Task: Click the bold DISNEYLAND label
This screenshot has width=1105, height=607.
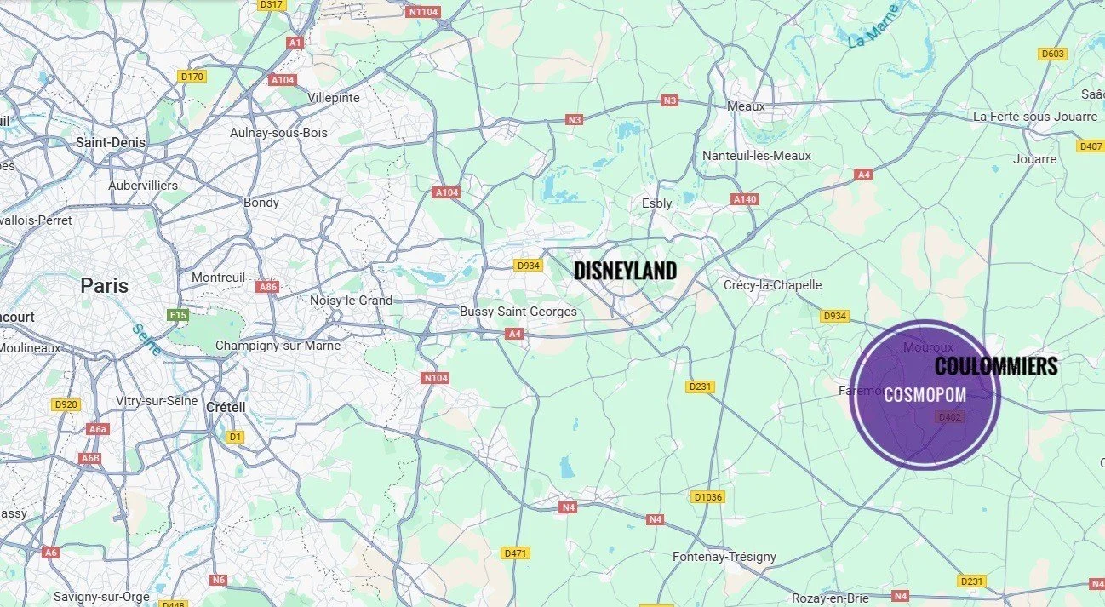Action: coord(625,271)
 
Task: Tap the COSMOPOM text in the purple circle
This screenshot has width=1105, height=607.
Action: coord(925,395)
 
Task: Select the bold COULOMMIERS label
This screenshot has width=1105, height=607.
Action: coord(996,366)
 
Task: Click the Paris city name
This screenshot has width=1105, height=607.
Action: coord(104,285)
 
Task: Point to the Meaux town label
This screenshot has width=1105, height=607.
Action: coord(746,106)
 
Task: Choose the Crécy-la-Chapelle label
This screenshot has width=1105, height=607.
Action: coord(772,285)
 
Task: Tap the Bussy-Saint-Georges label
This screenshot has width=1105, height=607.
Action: coord(518,312)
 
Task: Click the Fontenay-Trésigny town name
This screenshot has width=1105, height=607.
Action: coord(724,557)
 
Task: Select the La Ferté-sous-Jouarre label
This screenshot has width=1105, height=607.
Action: coord(1035,117)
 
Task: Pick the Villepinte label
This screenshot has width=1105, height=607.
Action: coord(334,98)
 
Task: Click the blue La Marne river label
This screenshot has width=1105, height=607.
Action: coord(873,26)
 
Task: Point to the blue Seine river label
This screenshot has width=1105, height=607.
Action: coord(147,339)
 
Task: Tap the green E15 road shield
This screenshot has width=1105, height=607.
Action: coord(178,316)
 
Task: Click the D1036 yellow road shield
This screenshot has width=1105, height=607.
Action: coord(707,497)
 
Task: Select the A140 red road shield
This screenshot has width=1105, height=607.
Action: coord(744,199)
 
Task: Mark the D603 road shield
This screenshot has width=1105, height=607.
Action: coord(1053,54)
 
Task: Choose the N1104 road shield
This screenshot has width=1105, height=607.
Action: coord(422,12)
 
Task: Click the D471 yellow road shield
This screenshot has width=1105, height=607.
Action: coord(516,553)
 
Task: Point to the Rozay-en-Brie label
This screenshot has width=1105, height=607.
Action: coord(830,598)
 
